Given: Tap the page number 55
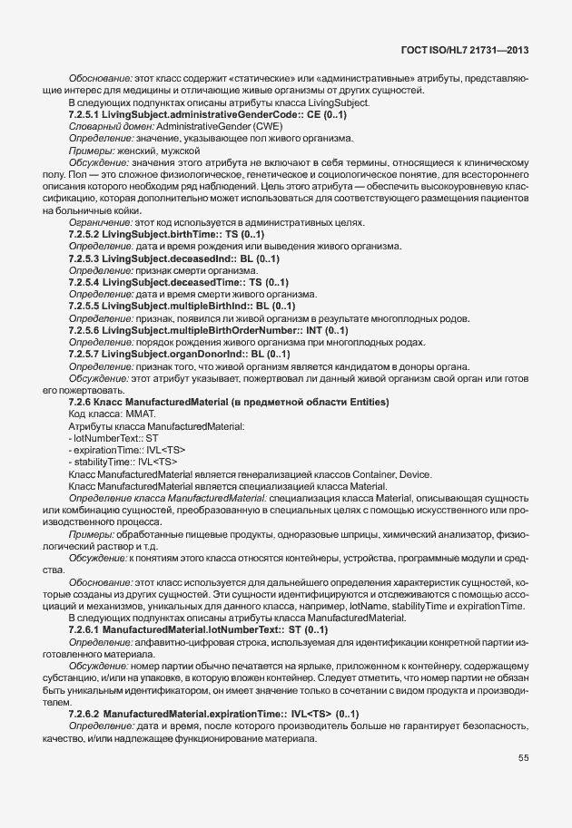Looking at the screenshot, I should [x=524, y=758].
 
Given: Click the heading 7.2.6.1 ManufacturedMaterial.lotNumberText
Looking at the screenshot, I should [x=198, y=628].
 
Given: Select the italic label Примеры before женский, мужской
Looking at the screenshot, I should [x=89, y=151].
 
